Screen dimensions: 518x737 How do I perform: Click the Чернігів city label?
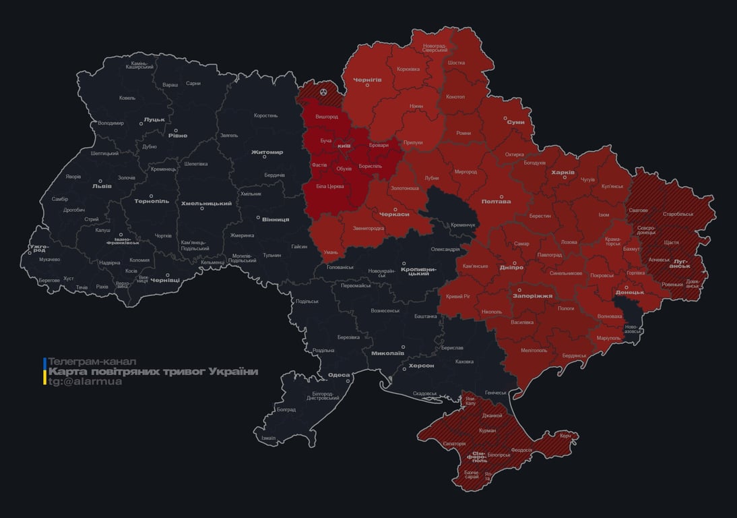(x=367, y=79)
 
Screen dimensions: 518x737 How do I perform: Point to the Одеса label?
(x=338, y=375)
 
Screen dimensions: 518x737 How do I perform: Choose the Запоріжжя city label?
(x=533, y=295)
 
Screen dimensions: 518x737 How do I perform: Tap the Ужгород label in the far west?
(x=38, y=250)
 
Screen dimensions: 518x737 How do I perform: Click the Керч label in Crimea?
(x=565, y=436)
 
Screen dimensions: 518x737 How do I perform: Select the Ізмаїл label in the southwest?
(x=268, y=438)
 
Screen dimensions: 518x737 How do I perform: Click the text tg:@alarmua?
(x=85, y=381)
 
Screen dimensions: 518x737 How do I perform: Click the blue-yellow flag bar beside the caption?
(x=44, y=371)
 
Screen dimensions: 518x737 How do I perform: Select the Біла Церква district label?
(x=330, y=185)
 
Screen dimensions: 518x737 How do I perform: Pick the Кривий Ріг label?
(x=457, y=296)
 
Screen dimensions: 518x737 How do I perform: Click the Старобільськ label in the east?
(x=678, y=214)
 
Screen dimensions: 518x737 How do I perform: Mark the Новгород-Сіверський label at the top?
(x=435, y=48)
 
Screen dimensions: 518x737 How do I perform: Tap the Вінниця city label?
(x=275, y=219)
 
